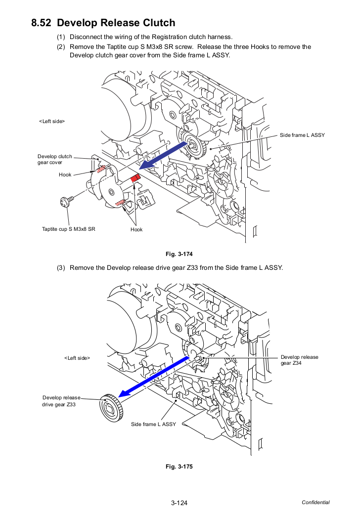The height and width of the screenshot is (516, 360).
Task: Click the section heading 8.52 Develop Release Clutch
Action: click(103, 23)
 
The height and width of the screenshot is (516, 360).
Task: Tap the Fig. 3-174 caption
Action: click(179, 254)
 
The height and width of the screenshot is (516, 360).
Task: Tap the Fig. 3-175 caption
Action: click(179, 467)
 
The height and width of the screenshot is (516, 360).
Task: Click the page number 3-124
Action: click(179, 503)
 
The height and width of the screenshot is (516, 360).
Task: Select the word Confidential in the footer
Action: click(315, 503)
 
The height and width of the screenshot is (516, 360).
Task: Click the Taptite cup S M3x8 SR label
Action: click(69, 229)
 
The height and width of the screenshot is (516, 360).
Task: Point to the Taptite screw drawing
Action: click(67, 201)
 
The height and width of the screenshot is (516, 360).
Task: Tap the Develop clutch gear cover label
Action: click(54, 159)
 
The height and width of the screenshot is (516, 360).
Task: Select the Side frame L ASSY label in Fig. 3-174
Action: click(302, 135)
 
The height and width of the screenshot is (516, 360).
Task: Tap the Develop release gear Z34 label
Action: click(299, 360)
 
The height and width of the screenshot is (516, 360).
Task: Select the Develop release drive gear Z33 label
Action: click(61, 401)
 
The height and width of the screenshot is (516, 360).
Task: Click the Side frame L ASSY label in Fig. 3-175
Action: click(153, 424)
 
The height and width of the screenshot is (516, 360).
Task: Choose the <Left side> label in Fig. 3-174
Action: click(52, 122)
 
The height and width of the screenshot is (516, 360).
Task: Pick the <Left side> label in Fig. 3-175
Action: click(77, 358)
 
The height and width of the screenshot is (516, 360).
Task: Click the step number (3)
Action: click(61, 268)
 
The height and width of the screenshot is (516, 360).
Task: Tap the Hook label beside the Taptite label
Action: click(136, 230)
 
